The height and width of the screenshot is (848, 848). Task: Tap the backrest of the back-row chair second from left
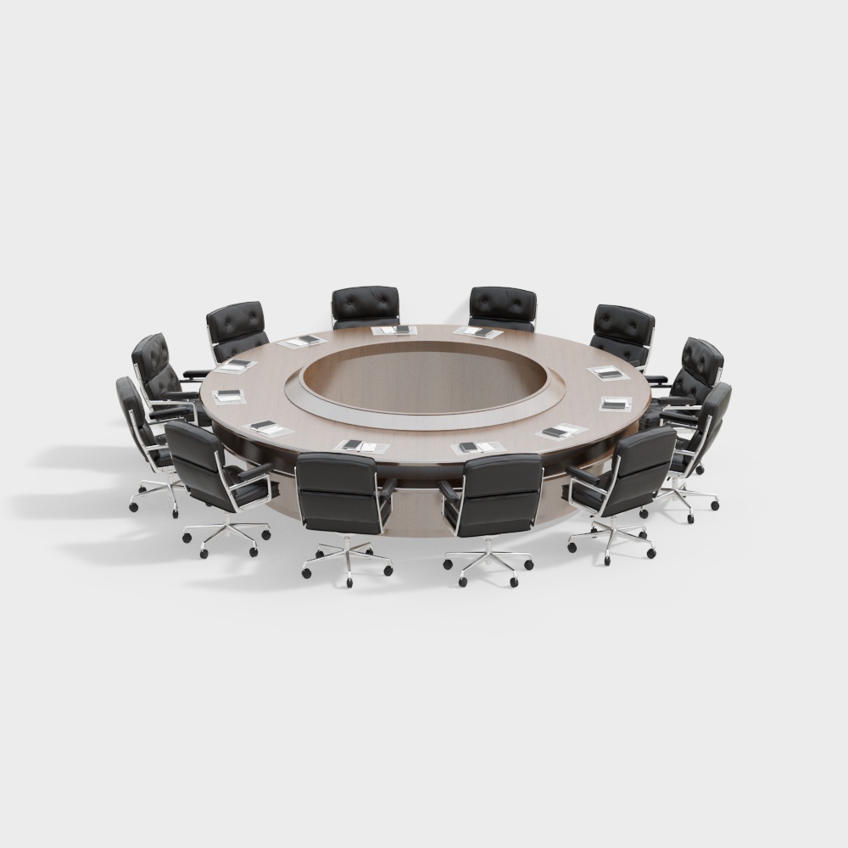[365, 304]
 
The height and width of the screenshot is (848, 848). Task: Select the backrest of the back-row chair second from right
[503, 304]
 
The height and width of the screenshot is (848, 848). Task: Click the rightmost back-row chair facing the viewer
[623, 326]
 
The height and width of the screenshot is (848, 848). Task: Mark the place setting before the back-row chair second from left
[395, 329]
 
